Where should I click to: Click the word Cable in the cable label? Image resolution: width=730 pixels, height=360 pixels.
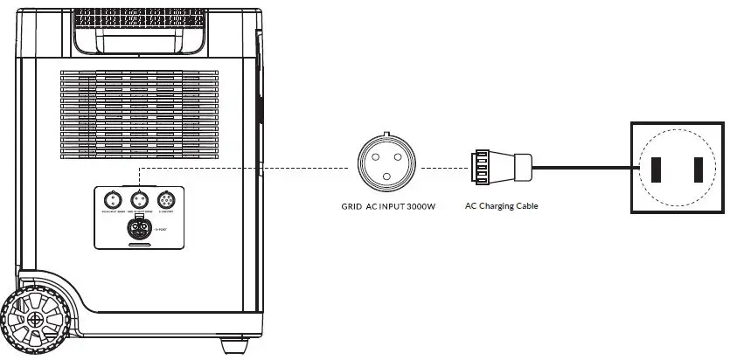(x=526, y=207)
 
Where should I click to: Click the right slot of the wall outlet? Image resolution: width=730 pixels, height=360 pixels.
(x=699, y=170)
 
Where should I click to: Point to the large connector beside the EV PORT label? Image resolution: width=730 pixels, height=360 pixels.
(x=138, y=229)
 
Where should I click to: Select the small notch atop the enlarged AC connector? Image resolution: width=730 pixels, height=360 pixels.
(x=387, y=135)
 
